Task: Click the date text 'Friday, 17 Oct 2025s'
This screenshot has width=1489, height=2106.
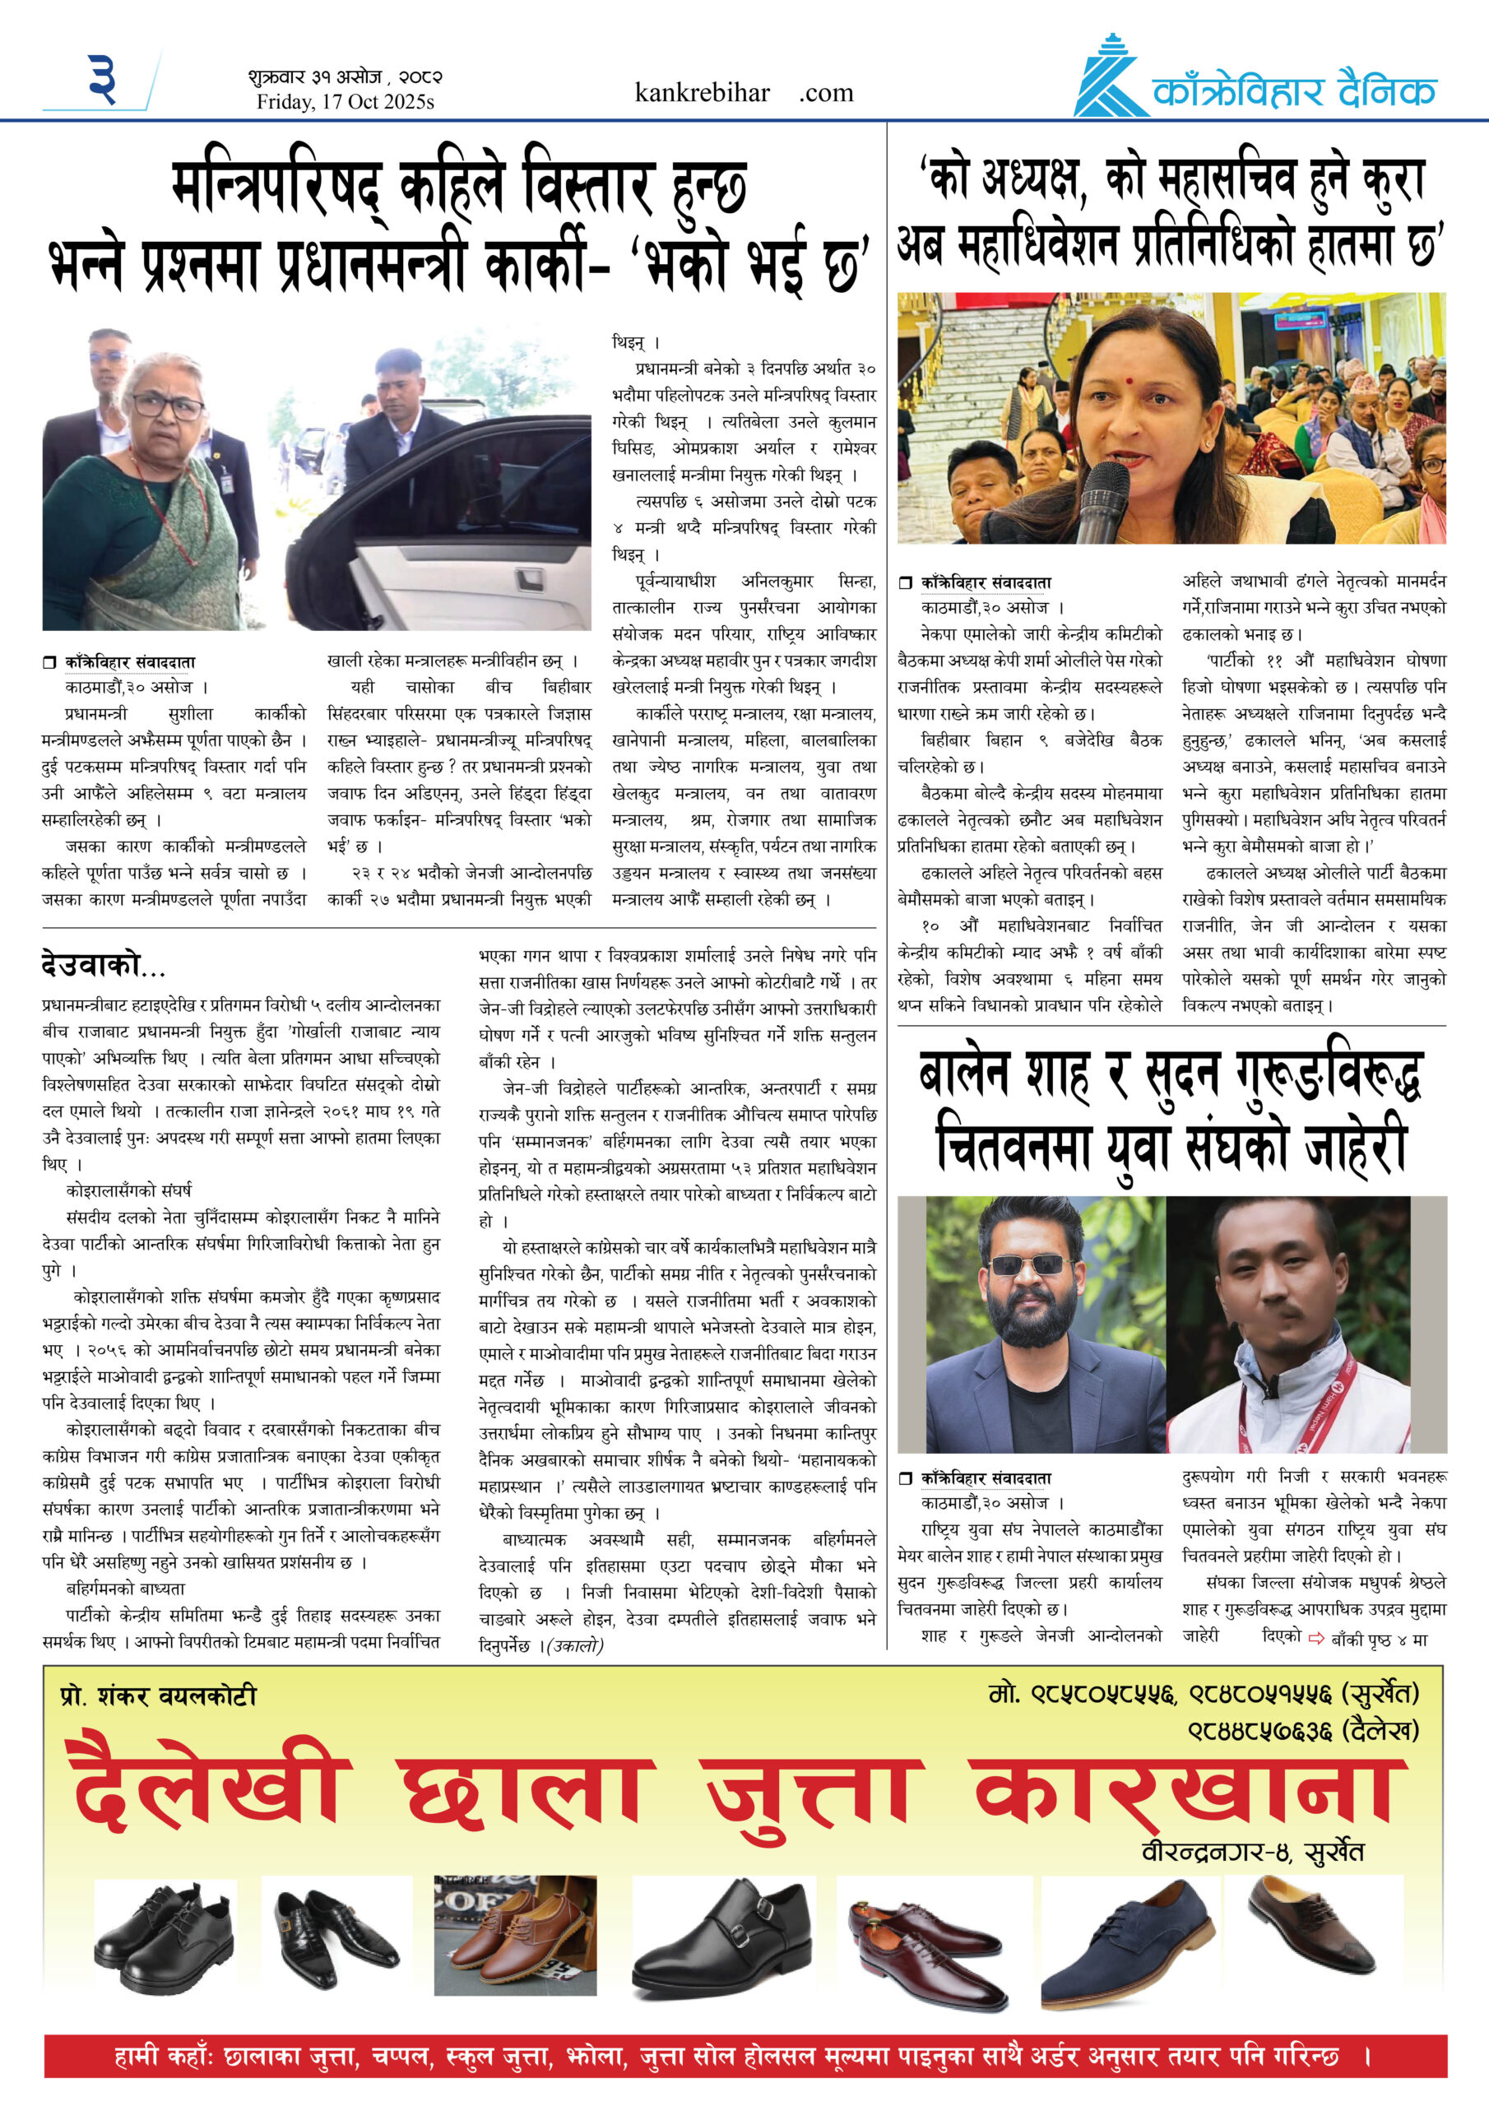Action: pos(345,102)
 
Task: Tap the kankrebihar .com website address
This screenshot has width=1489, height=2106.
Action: pos(743,93)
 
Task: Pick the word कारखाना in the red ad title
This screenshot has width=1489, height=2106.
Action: pos(1189,1789)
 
